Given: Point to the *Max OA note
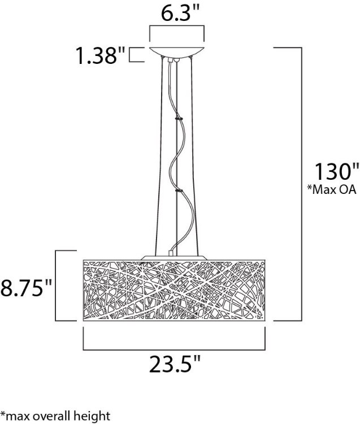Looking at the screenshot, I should [x=331, y=190].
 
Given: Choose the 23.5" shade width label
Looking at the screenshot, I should [x=175, y=365].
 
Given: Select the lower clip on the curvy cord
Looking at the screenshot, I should [x=179, y=192].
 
